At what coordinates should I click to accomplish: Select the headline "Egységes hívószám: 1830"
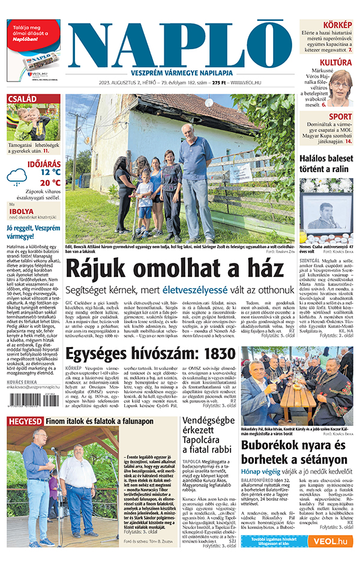[150, 353]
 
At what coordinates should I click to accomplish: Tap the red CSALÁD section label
[22, 99]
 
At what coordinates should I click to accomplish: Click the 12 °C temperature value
[50, 172]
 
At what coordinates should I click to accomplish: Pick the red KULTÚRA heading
[335, 62]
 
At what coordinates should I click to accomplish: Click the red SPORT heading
[341, 116]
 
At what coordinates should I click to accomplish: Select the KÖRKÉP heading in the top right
[337, 24]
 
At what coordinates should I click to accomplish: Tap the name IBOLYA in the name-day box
[22, 211]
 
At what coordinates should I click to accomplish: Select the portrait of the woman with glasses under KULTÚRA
[339, 89]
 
